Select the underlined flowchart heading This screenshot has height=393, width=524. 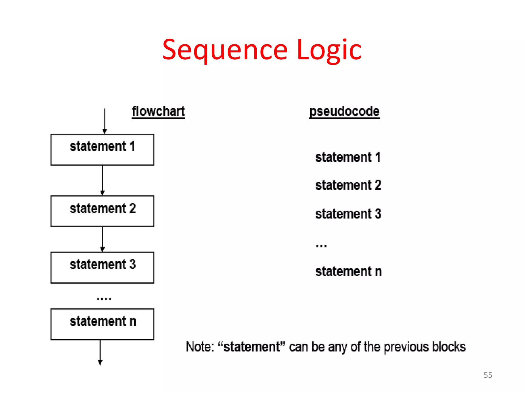(x=158, y=112)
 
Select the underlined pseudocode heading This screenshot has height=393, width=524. (x=344, y=112)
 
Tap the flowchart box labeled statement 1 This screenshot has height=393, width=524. (x=102, y=150)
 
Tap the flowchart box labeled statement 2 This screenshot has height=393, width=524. (x=102, y=211)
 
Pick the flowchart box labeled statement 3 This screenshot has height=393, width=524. (x=102, y=267)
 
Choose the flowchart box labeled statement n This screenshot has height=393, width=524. (x=102, y=324)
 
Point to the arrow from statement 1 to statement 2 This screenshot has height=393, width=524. (x=102, y=180)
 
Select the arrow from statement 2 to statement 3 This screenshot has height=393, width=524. (x=102, y=239)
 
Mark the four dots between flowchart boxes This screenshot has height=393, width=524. (x=104, y=299)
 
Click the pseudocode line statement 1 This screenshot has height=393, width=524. (x=348, y=157)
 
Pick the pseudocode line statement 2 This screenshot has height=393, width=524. (x=348, y=185)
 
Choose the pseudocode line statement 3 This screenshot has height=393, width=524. (x=348, y=214)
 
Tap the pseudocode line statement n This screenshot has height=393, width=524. (x=348, y=271)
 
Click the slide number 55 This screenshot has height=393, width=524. (x=488, y=375)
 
